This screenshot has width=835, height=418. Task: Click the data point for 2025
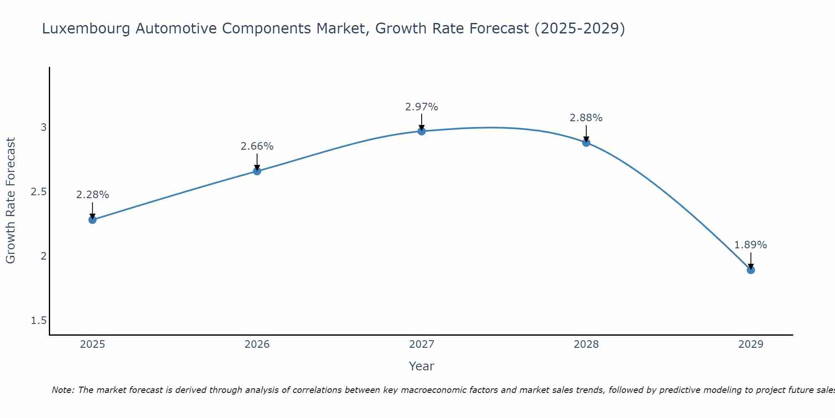tap(93, 219)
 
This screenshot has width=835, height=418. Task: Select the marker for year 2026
tap(257, 171)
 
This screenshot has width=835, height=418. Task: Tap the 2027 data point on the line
tap(422, 131)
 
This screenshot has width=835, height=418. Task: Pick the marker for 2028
tap(586, 143)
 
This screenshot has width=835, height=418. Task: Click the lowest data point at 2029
tap(751, 270)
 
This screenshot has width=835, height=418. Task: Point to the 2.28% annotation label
tap(93, 195)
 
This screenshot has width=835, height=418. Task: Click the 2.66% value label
tap(257, 146)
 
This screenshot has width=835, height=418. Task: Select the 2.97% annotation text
tap(422, 107)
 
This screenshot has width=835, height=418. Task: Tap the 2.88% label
tap(586, 118)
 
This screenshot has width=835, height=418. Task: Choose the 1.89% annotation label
tap(751, 245)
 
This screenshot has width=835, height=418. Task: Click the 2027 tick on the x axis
tap(422, 344)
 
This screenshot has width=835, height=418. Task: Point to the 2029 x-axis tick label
tap(751, 344)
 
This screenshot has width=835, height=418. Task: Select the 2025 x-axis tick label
tap(93, 344)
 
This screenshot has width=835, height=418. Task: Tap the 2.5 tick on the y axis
tap(39, 192)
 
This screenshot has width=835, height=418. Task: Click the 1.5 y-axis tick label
tap(39, 321)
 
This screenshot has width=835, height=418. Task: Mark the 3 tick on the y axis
tap(43, 127)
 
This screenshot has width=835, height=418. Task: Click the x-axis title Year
tap(422, 366)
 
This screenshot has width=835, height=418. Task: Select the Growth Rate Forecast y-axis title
tap(10, 201)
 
